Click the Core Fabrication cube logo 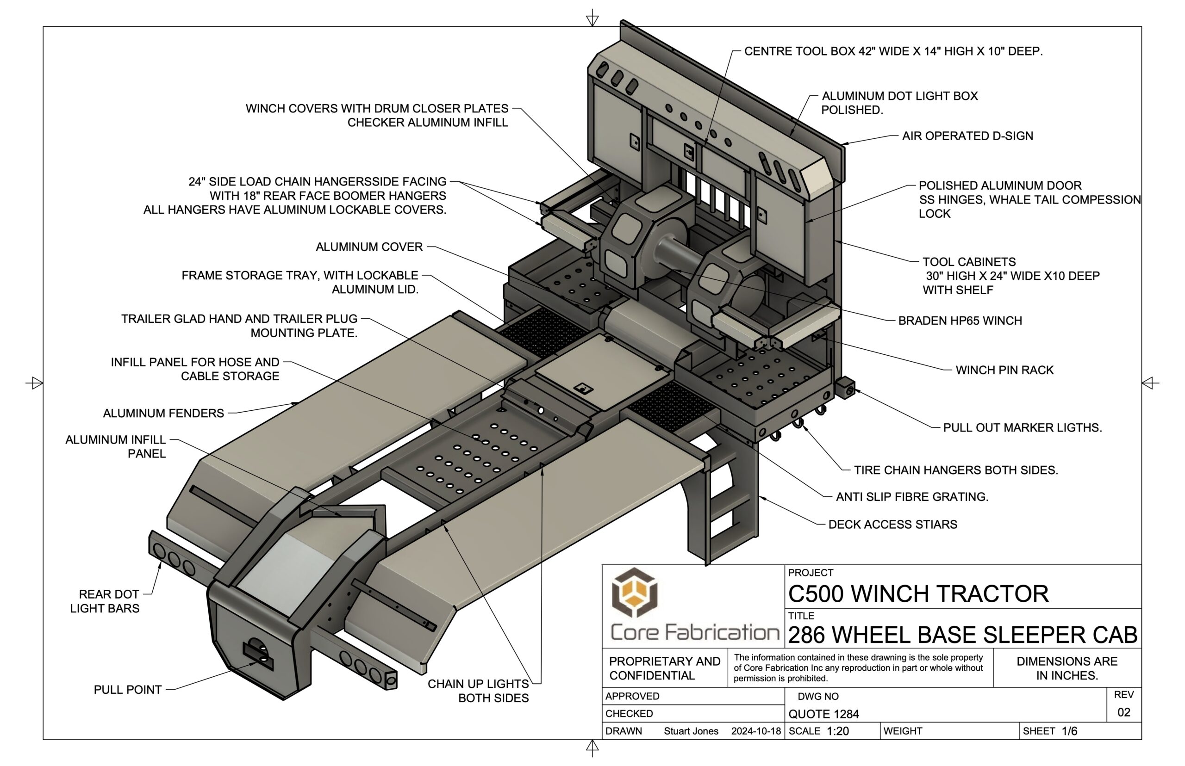634,594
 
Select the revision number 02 1123,712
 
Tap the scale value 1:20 838,731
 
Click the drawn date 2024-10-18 755,731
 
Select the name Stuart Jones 691,731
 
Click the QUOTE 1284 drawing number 823,714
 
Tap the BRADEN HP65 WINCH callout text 960,321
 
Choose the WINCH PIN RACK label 1004,370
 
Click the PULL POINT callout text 127,690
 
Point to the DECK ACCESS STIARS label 892,524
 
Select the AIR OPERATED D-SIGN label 967,136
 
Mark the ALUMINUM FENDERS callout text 163,414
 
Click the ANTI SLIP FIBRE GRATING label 912,496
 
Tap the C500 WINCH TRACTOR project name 918,594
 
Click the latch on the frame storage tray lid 582,388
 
